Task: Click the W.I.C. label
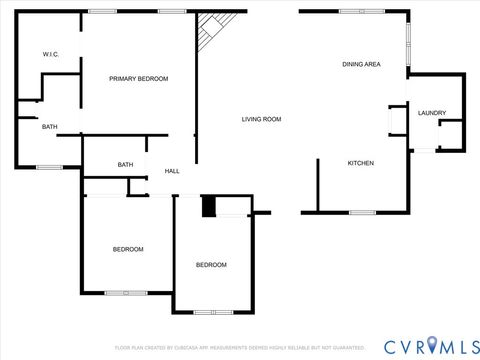click(50, 54)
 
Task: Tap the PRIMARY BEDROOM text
click(138, 79)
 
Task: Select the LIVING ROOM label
click(261, 120)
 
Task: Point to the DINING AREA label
click(361, 65)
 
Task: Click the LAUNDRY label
click(432, 113)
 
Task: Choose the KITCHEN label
click(360, 163)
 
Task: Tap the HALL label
click(172, 171)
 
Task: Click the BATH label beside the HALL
click(125, 165)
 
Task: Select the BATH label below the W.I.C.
click(49, 127)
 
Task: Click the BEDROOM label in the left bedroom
click(127, 249)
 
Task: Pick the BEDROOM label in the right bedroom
click(210, 265)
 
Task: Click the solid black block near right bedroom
click(208, 206)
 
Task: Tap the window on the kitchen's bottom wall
click(362, 212)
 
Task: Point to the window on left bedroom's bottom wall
click(126, 293)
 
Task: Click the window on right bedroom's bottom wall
click(213, 312)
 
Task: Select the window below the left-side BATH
click(49, 167)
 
